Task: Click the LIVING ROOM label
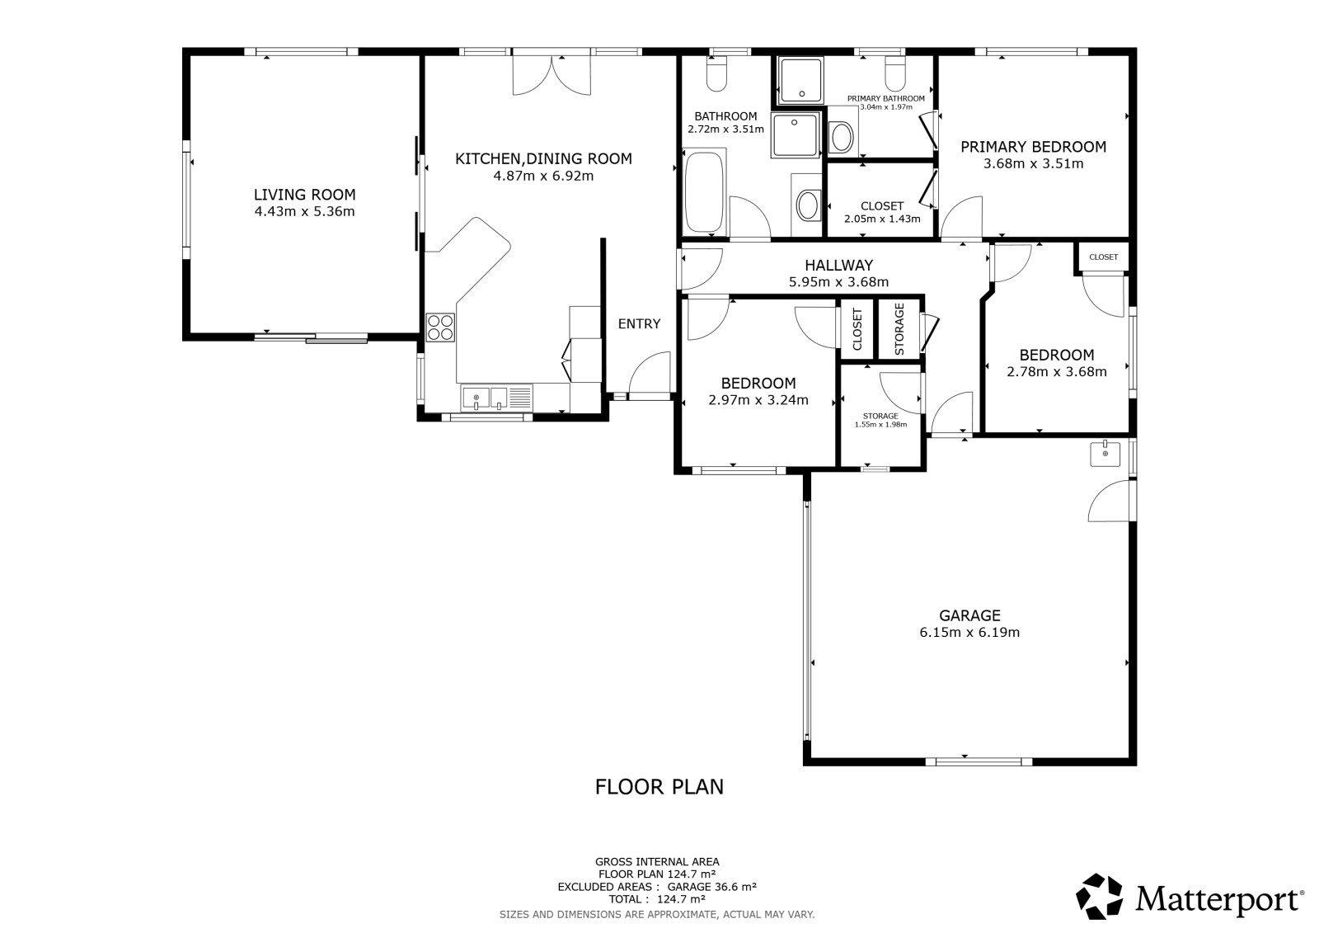tap(304, 195)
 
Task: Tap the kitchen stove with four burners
tap(440, 327)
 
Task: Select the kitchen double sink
tap(484, 398)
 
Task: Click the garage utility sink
tap(1105, 453)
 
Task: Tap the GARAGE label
tap(969, 615)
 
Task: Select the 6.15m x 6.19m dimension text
tap(969, 633)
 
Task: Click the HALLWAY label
tap(838, 266)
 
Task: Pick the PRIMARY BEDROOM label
tap(1033, 147)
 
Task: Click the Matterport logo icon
tap(1099, 897)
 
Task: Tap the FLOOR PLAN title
tap(659, 787)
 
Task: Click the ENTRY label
tap(639, 323)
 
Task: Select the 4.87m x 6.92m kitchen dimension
tap(543, 176)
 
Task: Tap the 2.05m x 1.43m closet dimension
tap(881, 219)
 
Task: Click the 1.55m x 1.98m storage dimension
tap(880, 424)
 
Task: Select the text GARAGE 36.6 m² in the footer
tap(711, 887)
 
